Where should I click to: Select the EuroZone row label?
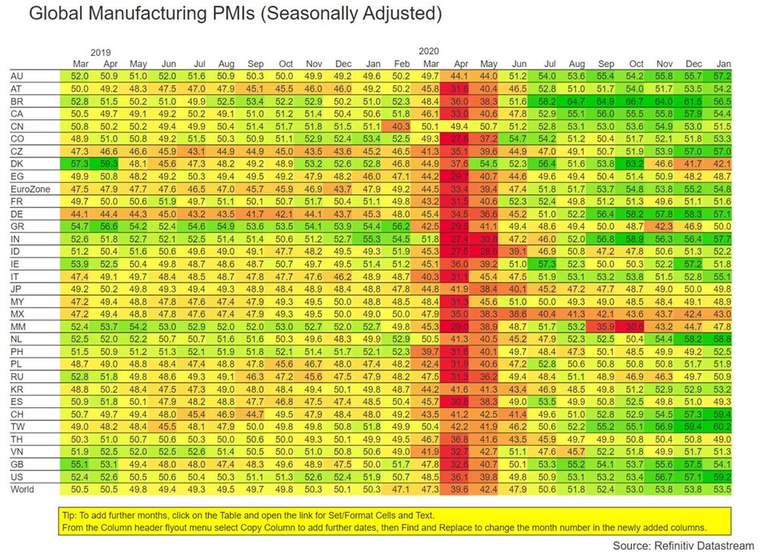[29, 187]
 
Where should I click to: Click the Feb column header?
[400, 63]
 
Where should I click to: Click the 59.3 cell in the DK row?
[108, 163]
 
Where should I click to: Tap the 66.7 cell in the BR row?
[634, 101]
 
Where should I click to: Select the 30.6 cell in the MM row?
[634, 326]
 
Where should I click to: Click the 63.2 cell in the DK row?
[634, 163]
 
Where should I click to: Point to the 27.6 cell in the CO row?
[459, 138]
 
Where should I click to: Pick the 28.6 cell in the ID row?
[488, 251]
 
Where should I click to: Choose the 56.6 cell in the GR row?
[108, 226]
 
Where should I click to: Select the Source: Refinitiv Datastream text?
[682, 546]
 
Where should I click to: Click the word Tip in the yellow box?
[70, 514]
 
